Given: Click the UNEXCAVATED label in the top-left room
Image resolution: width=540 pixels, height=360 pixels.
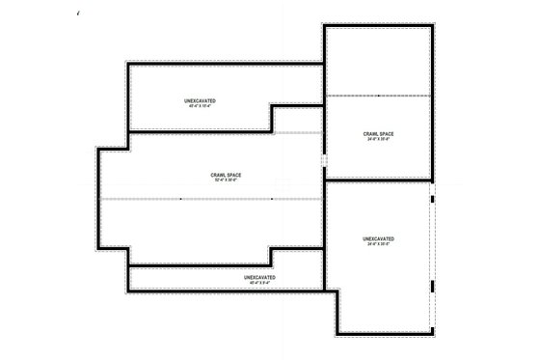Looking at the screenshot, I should coord(200,100).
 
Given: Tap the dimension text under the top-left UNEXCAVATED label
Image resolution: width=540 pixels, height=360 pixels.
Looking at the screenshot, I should coord(200,106).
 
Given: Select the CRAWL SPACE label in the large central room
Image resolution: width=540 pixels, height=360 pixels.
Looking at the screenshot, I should coord(226,174).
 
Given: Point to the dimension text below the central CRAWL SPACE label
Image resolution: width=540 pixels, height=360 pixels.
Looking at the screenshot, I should coord(226,180).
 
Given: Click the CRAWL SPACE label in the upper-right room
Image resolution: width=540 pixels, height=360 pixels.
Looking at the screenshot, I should coord(378,133).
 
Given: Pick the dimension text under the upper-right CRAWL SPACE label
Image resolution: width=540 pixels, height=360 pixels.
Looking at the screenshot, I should coord(378,139).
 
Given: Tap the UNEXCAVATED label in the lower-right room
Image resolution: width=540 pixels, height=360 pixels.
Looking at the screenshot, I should coord(378,238).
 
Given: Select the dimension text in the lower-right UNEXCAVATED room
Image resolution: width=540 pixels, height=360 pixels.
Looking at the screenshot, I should coord(378,244).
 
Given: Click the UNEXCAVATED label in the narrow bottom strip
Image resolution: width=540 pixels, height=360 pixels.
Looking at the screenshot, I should coord(259,277).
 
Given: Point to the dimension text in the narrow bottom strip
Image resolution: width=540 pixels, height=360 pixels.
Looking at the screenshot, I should coord(259,283).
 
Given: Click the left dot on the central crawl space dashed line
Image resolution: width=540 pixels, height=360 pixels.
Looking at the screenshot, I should coord(180,199).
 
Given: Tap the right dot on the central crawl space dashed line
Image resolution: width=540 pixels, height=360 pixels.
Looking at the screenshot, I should coord(271,199).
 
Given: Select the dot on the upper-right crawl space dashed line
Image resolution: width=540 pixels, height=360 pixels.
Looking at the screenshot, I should coord(378,96).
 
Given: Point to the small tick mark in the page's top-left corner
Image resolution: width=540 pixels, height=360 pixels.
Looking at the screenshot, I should coord(76,13).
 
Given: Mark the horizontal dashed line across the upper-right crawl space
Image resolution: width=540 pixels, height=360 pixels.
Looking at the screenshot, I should coord(405,96).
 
